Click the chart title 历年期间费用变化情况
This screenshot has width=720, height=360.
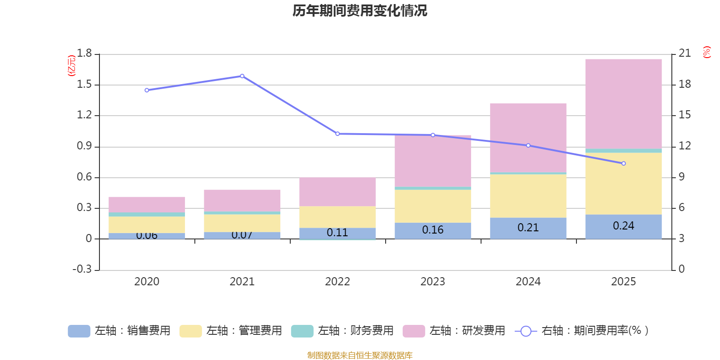tap(360, 10)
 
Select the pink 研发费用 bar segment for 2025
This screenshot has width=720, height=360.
tap(623, 103)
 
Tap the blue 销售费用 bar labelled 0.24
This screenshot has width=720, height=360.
tap(623, 226)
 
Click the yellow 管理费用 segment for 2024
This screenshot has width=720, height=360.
tap(528, 196)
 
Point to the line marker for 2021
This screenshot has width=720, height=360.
tap(242, 76)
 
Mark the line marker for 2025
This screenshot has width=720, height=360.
tap(623, 163)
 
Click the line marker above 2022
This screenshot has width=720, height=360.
tap(337, 134)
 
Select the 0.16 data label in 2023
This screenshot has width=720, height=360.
tap(433, 230)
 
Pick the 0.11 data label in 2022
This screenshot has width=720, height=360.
tap(337, 233)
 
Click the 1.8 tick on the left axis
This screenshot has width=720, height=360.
tap(84, 54)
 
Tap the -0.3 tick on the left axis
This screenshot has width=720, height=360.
tap(82, 269)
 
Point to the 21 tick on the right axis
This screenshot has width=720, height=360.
tap(684, 54)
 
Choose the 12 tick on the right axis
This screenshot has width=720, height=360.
tap(684, 146)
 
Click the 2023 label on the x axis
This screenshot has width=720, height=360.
tap(433, 282)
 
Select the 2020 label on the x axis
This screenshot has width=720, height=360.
tap(147, 282)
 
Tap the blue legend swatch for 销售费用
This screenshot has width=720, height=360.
tap(79, 331)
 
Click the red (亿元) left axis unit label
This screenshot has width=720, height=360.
tap(71, 66)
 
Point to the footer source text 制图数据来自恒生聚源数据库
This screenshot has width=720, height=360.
tap(360, 355)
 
